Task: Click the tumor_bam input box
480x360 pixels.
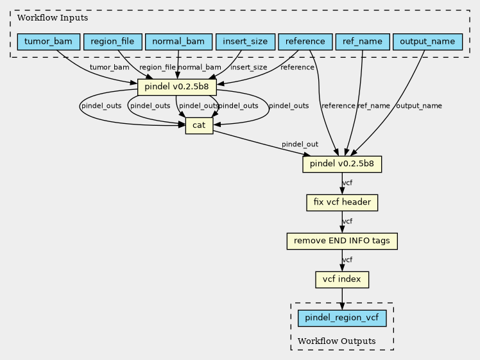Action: coord(49,42)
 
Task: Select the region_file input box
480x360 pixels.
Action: coord(113,42)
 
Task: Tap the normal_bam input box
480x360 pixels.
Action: coord(178,42)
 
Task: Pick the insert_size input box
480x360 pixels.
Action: coord(245,42)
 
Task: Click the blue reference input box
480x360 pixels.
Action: coord(305,42)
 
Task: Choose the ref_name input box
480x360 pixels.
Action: coord(363,42)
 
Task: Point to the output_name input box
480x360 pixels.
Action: coord(427,42)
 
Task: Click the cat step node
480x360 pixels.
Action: coord(199,126)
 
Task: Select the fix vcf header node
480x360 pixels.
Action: coord(342,202)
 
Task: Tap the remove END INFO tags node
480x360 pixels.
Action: coord(342,241)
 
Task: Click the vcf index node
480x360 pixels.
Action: coord(342,280)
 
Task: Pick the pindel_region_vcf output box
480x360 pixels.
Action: coord(342,318)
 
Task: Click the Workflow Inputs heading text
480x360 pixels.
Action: coord(53,18)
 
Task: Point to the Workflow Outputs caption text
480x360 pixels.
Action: coord(336,341)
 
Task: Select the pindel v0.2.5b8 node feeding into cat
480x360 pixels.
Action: coord(177,87)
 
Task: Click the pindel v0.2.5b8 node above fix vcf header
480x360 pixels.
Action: coord(342,164)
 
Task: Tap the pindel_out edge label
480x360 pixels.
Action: coord(300,144)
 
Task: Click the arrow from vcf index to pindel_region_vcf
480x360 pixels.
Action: coord(342,299)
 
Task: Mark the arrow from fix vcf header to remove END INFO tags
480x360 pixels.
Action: coord(342,222)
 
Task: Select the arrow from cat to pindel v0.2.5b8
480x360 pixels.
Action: coord(262,144)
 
